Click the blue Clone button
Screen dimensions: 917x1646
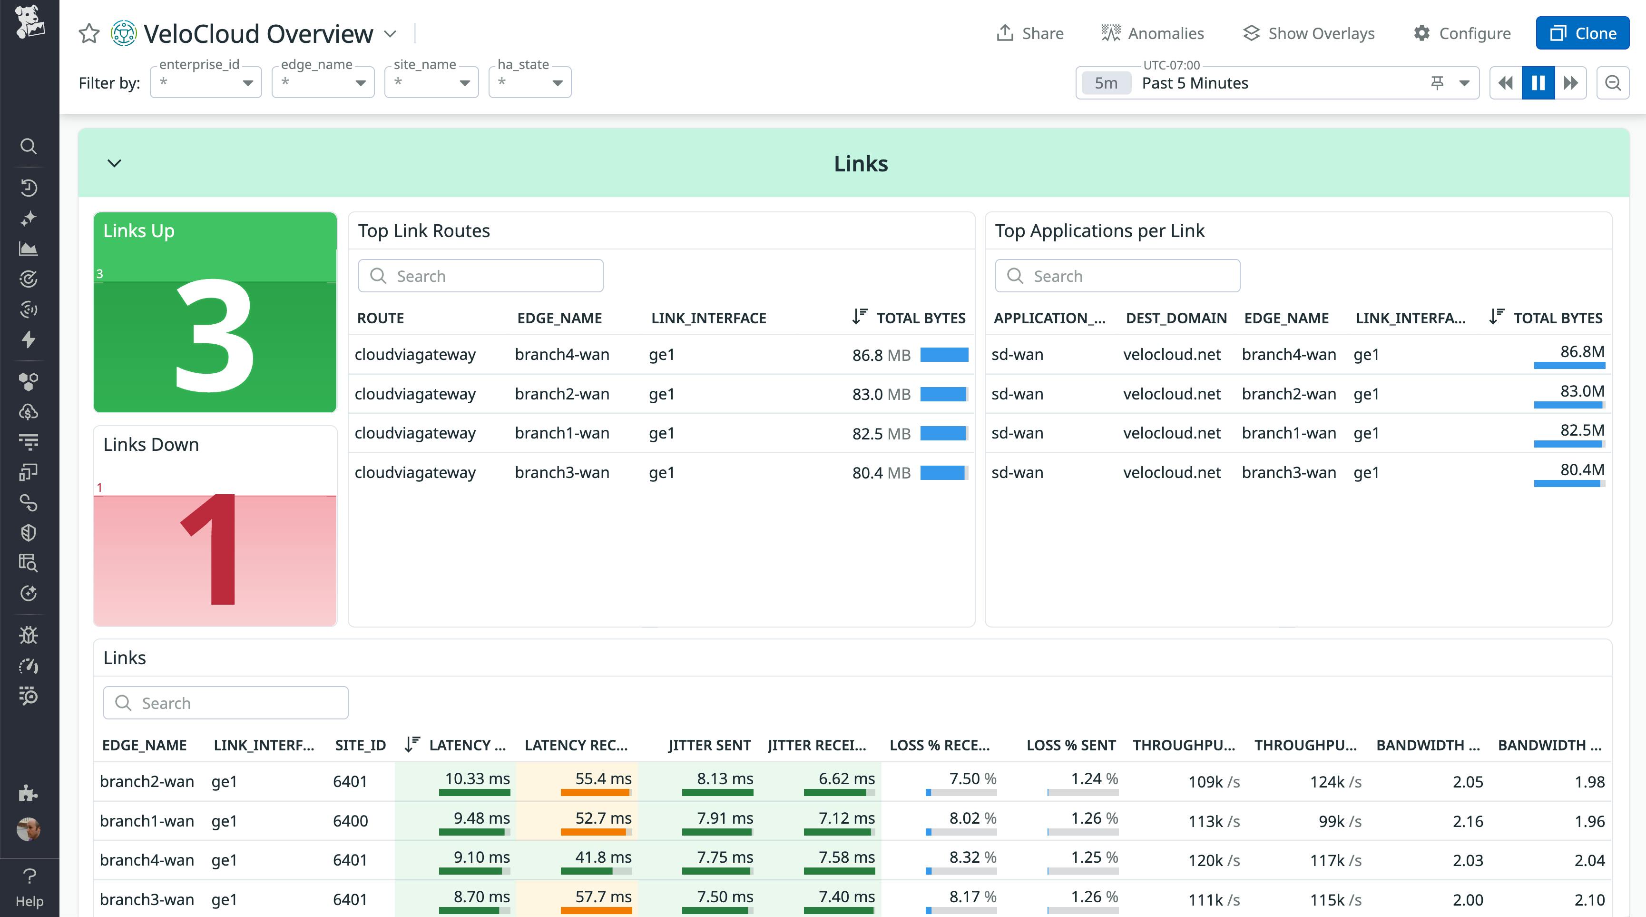pos(1582,33)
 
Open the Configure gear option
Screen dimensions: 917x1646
pos(1462,33)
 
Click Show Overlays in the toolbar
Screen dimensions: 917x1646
pos(1309,33)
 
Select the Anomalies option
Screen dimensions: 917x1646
pos(1153,33)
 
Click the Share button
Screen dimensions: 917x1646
pos(1030,33)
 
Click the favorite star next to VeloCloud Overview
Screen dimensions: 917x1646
pos(89,33)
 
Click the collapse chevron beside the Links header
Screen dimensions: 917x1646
pos(114,163)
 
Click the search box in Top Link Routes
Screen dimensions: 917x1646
pos(480,276)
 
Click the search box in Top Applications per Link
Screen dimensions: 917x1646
pos(1117,276)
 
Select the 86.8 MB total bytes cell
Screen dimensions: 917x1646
pos(881,355)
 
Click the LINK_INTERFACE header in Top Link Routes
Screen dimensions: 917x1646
pos(708,318)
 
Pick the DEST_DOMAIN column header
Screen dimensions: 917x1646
pos(1176,318)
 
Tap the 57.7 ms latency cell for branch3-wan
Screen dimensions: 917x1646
pos(603,897)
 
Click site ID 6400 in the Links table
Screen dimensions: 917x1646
pos(350,821)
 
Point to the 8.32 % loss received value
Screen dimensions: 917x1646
pos(972,857)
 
